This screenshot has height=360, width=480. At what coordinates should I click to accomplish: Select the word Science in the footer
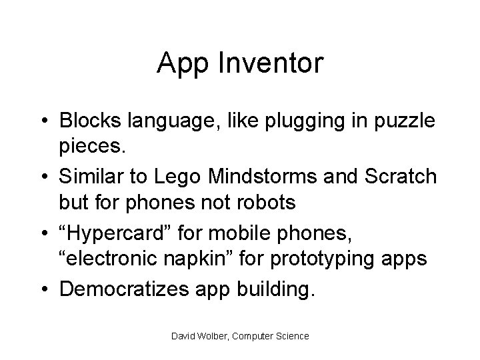tap(291, 336)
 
